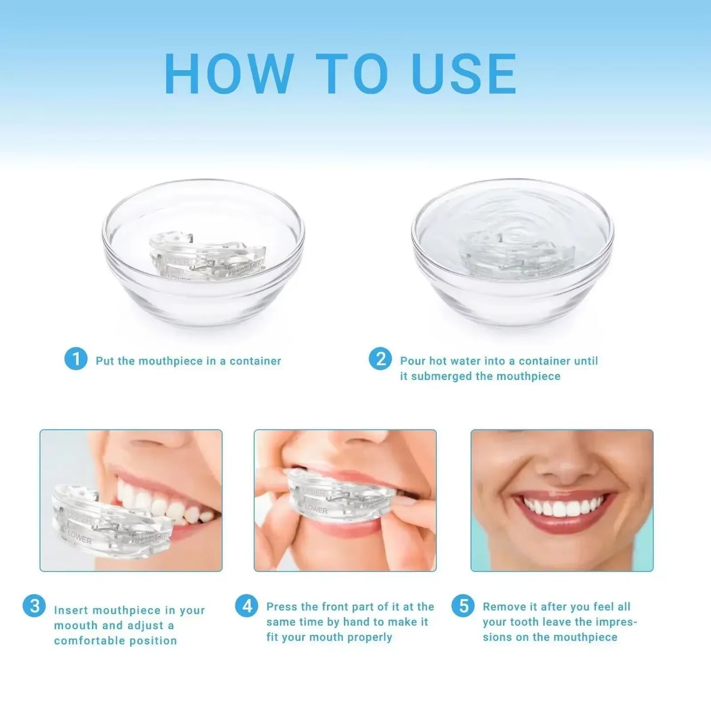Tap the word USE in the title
pyautogui.click(x=464, y=74)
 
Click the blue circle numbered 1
pyautogui.click(x=76, y=359)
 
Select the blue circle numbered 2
pyautogui.click(x=380, y=359)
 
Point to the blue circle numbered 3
pyautogui.click(x=34, y=606)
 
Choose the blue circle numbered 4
pyautogui.click(x=247, y=606)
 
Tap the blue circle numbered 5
pyautogui.click(x=463, y=606)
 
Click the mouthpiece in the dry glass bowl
pyautogui.click(x=208, y=256)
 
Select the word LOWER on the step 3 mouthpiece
pyautogui.click(x=80, y=538)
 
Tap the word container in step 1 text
pyautogui.click(x=255, y=361)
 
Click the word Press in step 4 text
pyautogui.click(x=282, y=607)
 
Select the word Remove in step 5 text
pyautogui.click(x=504, y=607)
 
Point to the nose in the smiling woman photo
pyautogui.click(x=561, y=463)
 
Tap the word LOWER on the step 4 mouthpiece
pyautogui.click(x=316, y=509)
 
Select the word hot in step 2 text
pyautogui.click(x=437, y=361)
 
